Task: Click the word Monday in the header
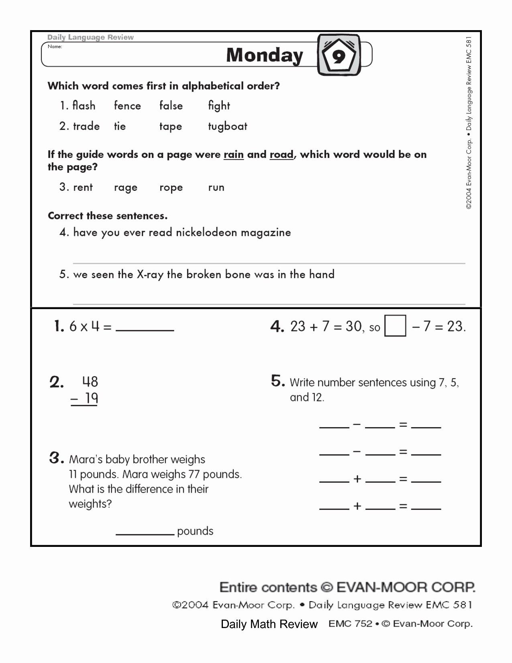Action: pyautogui.click(x=265, y=55)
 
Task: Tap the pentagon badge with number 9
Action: pyautogui.click(x=339, y=55)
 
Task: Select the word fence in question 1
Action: pyautogui.click(x=127, y=106)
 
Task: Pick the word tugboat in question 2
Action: pyautogui.click(x=227, y=127)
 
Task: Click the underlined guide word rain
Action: pyautogui.click(x=233, y=155)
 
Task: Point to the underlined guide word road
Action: pyautogui.click(x=281, y=155)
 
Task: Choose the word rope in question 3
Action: pyautogui.click(x=171, y=188)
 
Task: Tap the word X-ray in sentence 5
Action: pyautogui.click(x=150, y=274)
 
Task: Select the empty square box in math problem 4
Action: pyautogui.click(x=395, y=326)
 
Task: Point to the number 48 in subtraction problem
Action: pyautogui.click(x=90, y=381)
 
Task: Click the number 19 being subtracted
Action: pyautogui.click(x=92, y=398)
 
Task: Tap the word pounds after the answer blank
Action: pyautogui.click(x=195, y=531)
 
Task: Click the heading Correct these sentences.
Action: pyautogui.click(x=107, y=216)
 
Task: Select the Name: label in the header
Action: pyautogui.click(x=55, y=47)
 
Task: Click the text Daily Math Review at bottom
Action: pyautogui.click(x=269, y=624)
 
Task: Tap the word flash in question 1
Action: pyautogui.click(x=84, y=106)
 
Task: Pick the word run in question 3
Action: pyautogui.click(x=216, y=188)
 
